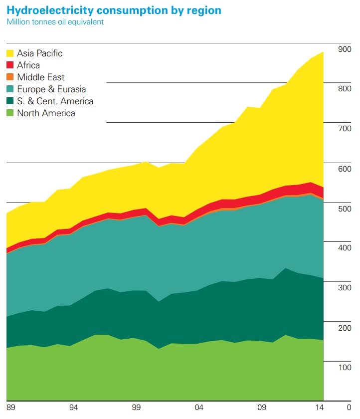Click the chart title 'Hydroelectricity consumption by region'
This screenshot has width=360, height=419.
pos(114,10)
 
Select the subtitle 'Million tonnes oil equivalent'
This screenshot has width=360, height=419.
pos(55,22)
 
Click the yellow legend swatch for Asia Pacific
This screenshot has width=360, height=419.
pos(10,53)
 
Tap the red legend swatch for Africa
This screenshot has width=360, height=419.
pos(10,65)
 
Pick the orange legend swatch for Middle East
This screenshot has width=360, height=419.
pos(10,77)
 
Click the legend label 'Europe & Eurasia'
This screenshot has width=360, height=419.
pos(51,89)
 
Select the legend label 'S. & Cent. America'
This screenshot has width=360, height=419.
pos(55,101)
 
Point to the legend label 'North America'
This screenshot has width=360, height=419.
pos(46,113)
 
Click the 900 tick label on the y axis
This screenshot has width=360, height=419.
pos(345,49)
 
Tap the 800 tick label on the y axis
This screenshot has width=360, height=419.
pos(345,89)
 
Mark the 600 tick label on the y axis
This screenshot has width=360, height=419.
pos(345,169)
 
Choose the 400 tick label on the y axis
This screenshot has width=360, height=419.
pos(345,248)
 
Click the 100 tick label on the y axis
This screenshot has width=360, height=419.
pos(345,368)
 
